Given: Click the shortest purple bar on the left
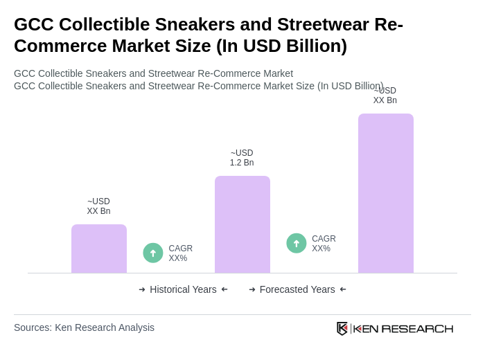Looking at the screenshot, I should (99, 249).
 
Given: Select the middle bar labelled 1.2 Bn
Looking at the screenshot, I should (242, 224).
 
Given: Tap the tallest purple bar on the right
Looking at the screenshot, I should (386, 193).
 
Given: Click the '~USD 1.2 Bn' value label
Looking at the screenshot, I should (242, 158).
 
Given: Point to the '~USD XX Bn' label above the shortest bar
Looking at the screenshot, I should (98, 206).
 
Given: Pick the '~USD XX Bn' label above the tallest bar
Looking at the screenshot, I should (385, 96).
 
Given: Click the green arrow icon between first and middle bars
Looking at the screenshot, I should (153, 253).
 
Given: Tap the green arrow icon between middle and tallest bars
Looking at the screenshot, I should (297, 244).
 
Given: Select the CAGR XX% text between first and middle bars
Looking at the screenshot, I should (180, 253).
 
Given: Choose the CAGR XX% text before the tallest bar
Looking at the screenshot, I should (324, 244).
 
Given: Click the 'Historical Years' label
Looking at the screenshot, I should (183, 289).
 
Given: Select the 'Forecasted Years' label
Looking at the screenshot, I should (297, 289).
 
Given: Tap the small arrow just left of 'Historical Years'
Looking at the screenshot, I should (142, 289).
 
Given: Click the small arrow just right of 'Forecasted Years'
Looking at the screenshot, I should (343, 289).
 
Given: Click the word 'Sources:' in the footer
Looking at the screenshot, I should (33, 327).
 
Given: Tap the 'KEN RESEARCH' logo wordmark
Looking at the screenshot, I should (403, 329).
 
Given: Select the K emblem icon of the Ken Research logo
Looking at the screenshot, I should (342, 328).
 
